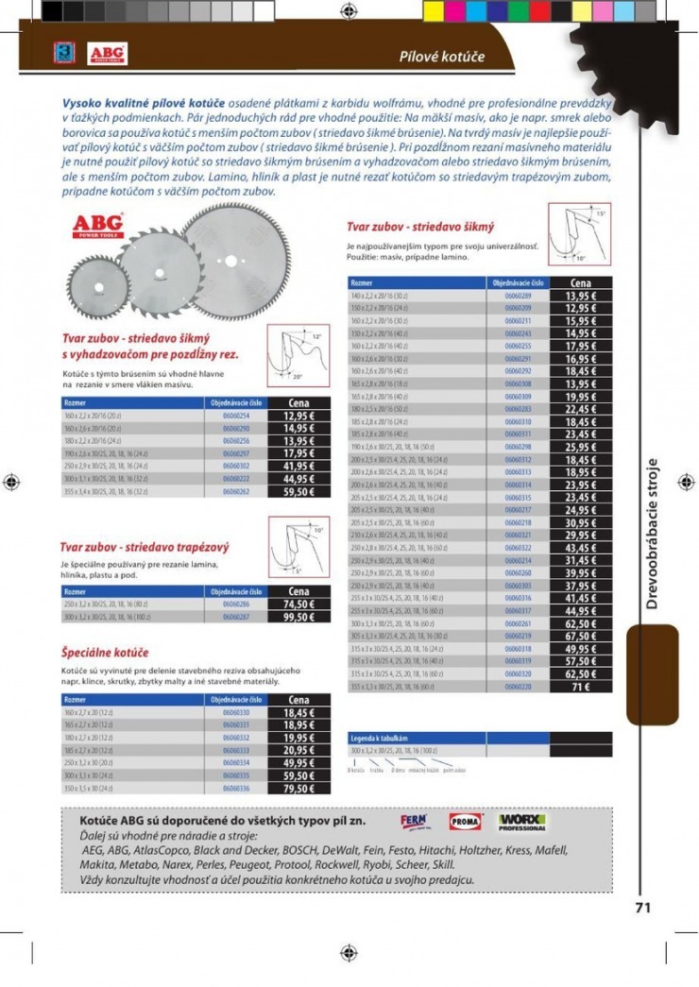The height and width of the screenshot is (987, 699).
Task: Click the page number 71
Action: coord(642,907)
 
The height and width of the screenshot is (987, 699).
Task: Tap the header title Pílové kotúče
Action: coord(441,57)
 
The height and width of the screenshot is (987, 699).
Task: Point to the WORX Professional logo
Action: coord(522,822)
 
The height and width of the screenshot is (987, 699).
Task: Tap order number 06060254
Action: coord(236,416)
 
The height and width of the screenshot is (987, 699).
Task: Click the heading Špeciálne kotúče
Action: coord(105,653)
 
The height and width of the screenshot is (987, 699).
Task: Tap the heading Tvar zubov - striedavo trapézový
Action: coord(145,547)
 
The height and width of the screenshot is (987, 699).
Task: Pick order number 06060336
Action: coord(236,788)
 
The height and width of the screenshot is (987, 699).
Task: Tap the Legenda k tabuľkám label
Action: coord(378,736)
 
